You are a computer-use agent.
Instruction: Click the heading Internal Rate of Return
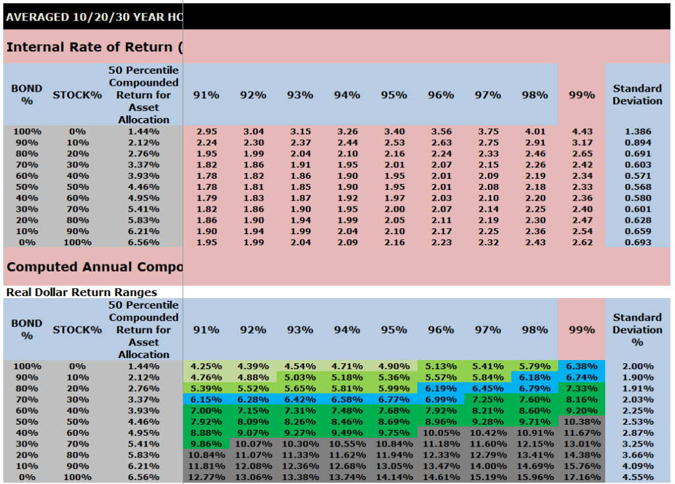click(x=94, y=47)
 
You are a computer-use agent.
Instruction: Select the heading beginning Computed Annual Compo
click(x=94, y=267)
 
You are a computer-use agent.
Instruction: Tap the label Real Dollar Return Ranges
click(x=82, y=292)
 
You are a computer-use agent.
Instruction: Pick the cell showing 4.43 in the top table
click(x=581, y=131)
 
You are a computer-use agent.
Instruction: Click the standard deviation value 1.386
click(x=637, y=131)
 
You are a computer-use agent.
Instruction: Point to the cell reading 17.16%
click(x=581, y=477)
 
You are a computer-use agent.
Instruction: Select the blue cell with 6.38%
click(x=581, y=366)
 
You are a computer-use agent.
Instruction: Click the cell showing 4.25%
click(x=206, y=366)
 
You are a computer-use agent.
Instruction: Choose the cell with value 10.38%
click(x=581, y=421)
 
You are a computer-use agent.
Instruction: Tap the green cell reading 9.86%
click(x=206, y=444)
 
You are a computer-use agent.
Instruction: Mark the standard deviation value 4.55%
click(x=637, y=477)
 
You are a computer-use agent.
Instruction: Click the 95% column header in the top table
click(x=394, y=95)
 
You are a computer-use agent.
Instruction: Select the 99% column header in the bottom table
click(x=581, y=330)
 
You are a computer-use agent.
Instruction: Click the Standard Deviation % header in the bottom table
click(x=637, y=330)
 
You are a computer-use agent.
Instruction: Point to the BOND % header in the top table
click(x=26, y=95)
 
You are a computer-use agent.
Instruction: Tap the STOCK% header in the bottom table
click(x=77, y=330)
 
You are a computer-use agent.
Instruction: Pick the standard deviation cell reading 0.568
click(x=637, y=187)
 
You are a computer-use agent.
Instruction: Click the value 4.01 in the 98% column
click(x=535, y=131)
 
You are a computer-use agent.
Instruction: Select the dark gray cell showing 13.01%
click(x=581, y=444)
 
